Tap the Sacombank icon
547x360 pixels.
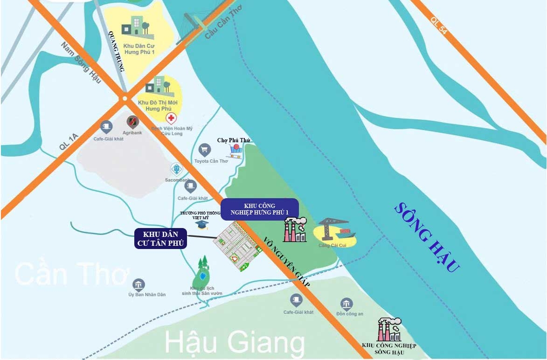(176, 169)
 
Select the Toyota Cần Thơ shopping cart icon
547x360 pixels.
(204, 150)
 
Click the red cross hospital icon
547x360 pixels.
(172, 118)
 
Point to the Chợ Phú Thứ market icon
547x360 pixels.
(235, 151)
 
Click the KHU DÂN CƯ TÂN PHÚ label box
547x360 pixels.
(161, 238)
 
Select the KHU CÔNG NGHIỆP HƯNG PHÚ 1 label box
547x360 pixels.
(259, 209)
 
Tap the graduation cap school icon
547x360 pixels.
(201, 225)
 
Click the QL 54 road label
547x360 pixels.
(439, 25)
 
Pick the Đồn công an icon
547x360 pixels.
(346, 305)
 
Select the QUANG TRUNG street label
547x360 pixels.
(117, 51)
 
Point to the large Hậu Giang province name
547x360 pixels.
(235, 343)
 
